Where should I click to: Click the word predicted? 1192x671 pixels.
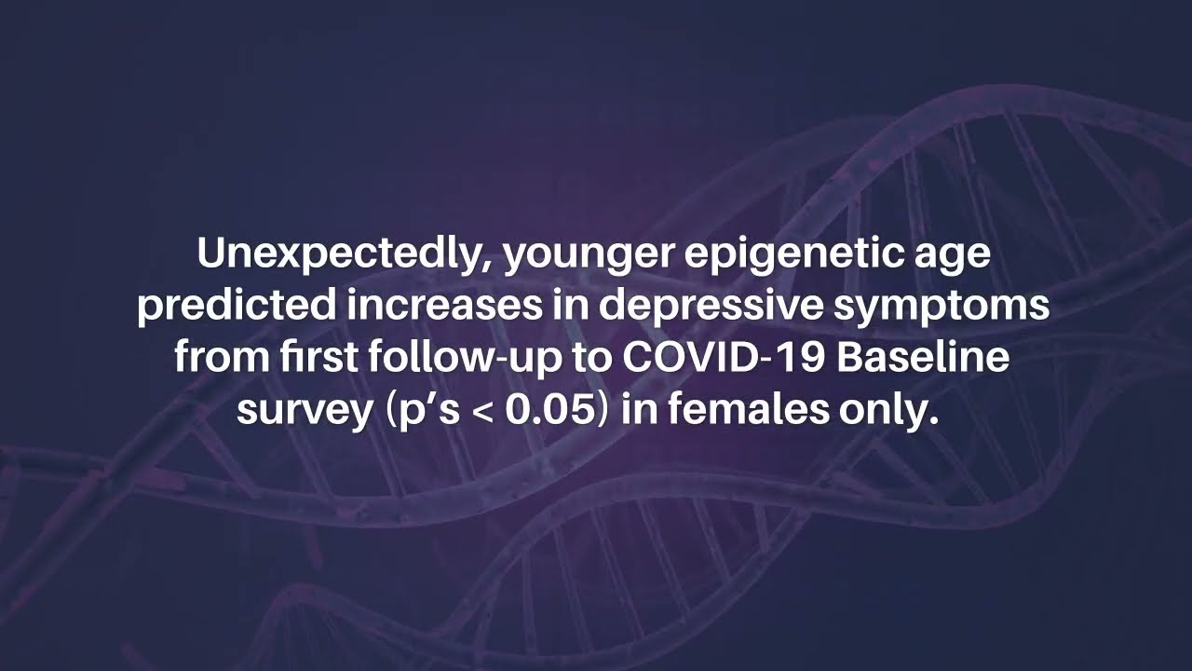pyautogui.click(x=237, y=308)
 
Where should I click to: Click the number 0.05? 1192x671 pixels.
pyautogui.click(x=549, y=410)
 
